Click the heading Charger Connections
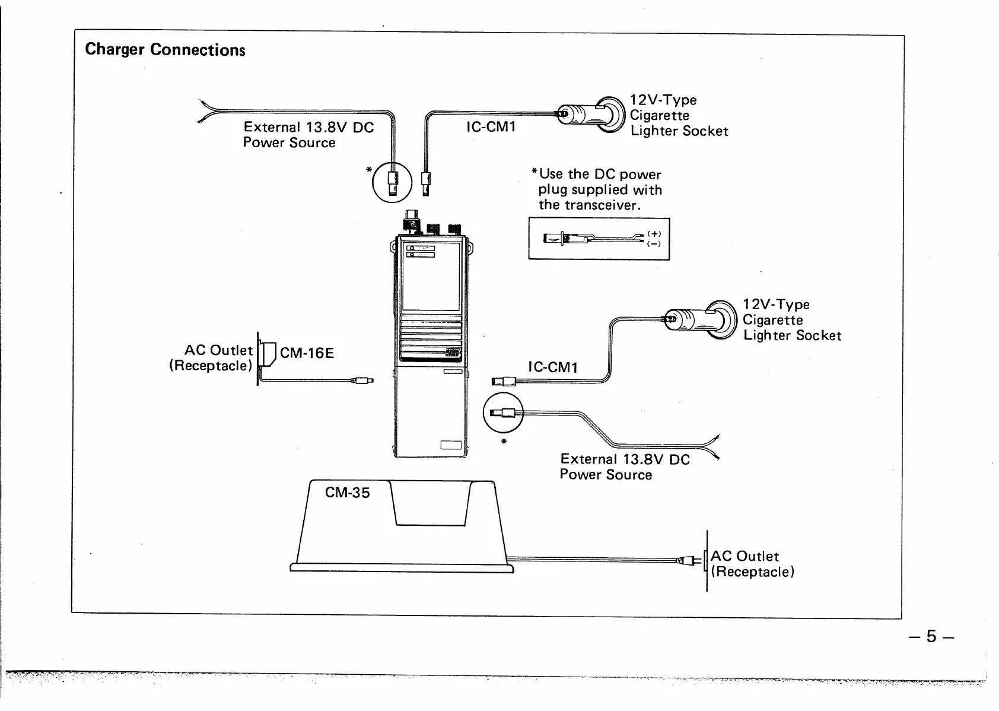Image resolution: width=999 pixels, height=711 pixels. (165, 49)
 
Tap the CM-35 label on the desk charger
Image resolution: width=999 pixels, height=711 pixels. (347, 493)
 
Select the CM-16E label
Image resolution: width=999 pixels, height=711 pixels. (307, 353)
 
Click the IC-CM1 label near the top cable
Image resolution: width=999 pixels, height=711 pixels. (491, 126)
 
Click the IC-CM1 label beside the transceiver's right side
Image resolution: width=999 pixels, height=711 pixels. (552, 367)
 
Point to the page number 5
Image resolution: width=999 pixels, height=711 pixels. (931, 637)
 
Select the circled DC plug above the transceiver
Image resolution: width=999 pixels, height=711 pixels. (392, 182)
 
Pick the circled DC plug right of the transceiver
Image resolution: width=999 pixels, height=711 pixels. (503, 414)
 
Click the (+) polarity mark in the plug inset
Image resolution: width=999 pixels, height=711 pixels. (654, 234)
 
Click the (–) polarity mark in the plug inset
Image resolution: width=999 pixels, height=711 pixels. (654, 243)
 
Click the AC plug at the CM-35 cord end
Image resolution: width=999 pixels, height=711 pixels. (689, 560)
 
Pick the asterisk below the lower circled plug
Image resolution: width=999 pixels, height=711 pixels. (504, 442)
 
